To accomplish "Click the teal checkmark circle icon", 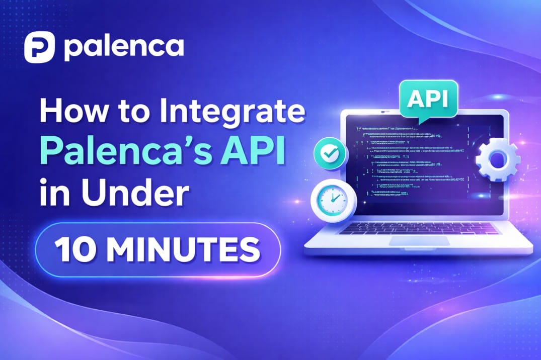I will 330,154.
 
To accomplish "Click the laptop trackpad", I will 419,241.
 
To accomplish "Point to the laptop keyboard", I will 419,228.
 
